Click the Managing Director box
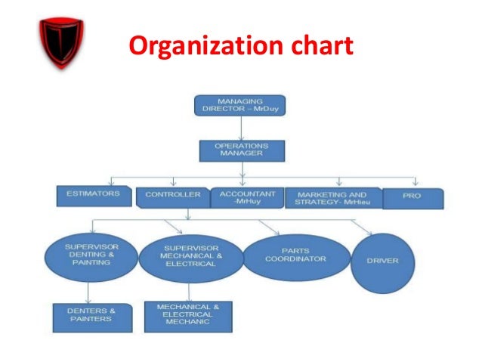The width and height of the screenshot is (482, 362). click(239, 105)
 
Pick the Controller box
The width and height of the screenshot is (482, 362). click(171, 196)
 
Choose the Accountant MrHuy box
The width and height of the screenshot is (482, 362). click(247, 197)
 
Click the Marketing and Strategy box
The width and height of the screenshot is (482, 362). click(333, 197)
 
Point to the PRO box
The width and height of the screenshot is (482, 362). click(413, 198)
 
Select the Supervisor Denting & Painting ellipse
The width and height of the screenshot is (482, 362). click(90, 255)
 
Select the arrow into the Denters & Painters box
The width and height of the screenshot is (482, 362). click(89, 294)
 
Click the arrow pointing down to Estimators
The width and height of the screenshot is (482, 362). click(111, 182)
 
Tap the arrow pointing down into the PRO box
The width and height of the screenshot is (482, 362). click(415, 183)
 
